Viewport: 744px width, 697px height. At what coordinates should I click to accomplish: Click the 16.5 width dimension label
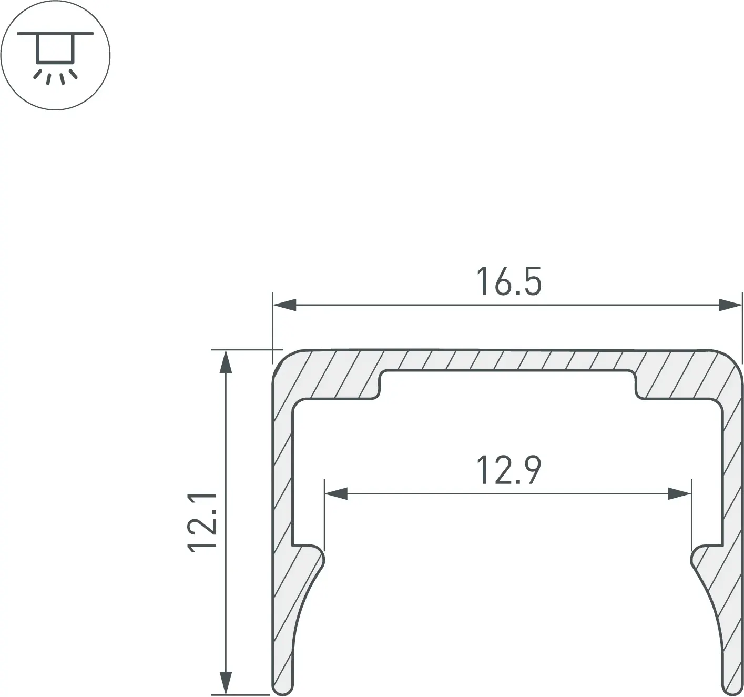tap(508, 281)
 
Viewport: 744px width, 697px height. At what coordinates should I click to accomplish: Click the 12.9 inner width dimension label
tap(508, 470)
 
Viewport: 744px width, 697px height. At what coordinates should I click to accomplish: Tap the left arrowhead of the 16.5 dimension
tap(284, 305)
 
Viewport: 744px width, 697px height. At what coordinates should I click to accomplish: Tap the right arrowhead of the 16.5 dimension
tap(730, 305)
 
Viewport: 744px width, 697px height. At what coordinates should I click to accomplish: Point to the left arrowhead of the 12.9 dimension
tap(336, 494)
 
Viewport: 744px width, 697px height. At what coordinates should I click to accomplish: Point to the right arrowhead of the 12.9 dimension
tap(679, 494)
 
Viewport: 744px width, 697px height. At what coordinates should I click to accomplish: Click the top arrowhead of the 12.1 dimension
tap(225, 361)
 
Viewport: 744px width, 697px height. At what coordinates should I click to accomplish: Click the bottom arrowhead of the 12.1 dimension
tap(225, 683)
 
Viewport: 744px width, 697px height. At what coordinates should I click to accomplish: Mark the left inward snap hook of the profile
tap(313, 559)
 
